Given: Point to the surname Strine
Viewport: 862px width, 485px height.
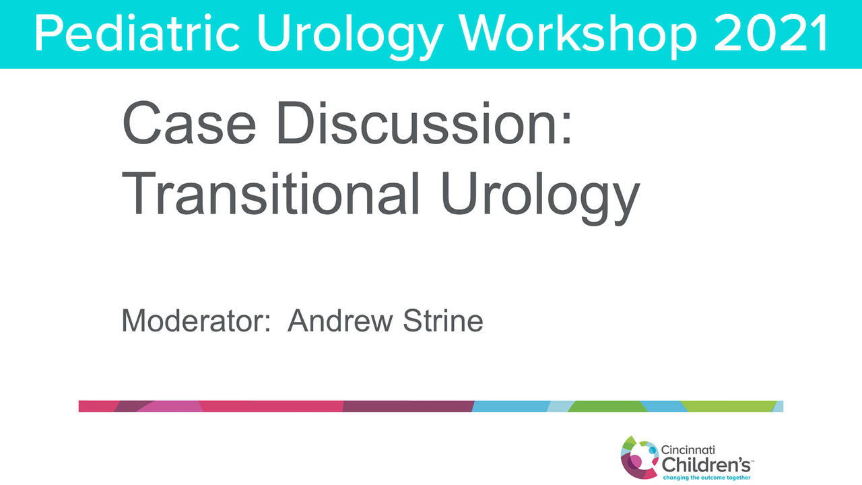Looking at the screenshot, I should (443, 321).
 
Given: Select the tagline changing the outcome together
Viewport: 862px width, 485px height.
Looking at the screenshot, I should (704, 477).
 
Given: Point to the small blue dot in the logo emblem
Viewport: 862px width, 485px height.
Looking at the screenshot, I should (652, 451).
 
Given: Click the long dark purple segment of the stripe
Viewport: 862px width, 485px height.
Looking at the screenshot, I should (407, 406).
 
